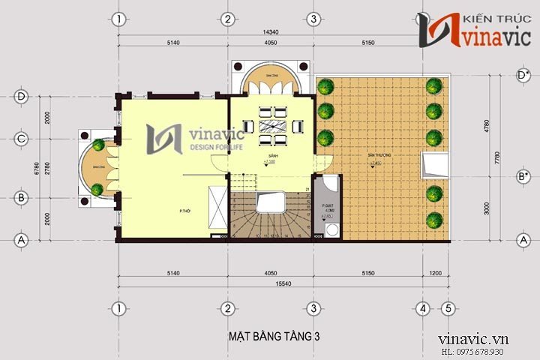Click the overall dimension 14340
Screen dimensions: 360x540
pyautogui.click(x=271, y=32)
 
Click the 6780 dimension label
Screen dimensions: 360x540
pyautogui.click(x=27, y=169)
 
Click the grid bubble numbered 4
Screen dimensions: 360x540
pyautogui.click(x=423, y=308)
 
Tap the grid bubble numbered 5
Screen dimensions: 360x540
pyautogui.click(x=447, y=308)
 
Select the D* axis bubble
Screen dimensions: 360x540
pyautogui.click(x=523, y=75)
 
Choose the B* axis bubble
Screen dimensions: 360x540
pyautogui.click(x=523, y=176)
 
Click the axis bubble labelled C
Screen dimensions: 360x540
pyautogui.click(x=22, y=138)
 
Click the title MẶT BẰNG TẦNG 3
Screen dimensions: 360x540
pyautogui.click(x=274, y=337)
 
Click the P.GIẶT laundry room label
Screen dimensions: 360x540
pyautogui.click(x=327, y=205)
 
